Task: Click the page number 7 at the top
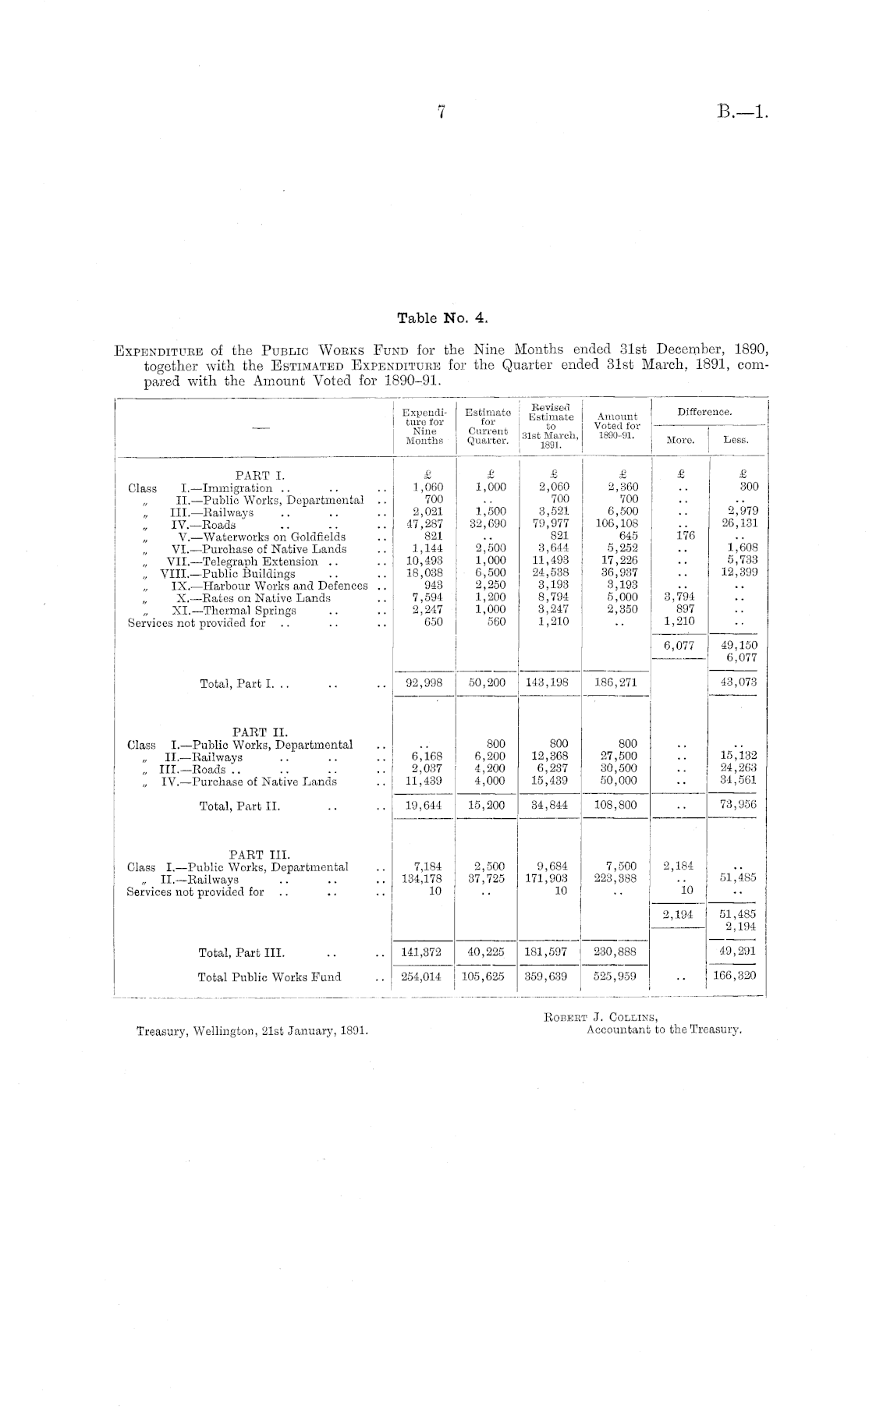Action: click(441, 112)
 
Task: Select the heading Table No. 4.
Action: click(442, 317)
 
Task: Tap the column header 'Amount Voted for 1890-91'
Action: click(617, 426)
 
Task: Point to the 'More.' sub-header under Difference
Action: click(680, 440)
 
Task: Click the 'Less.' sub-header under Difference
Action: click(736, 440)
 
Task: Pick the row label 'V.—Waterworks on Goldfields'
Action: click(262, 537)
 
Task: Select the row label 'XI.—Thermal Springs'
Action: click(234, 611)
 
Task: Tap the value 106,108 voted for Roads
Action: click(617, 524)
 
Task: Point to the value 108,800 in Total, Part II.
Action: click(615, 804)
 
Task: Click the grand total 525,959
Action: click(615, 976)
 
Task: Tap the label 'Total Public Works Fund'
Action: click(269, 976)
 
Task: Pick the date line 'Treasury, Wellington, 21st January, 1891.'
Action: click(252, 1030)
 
